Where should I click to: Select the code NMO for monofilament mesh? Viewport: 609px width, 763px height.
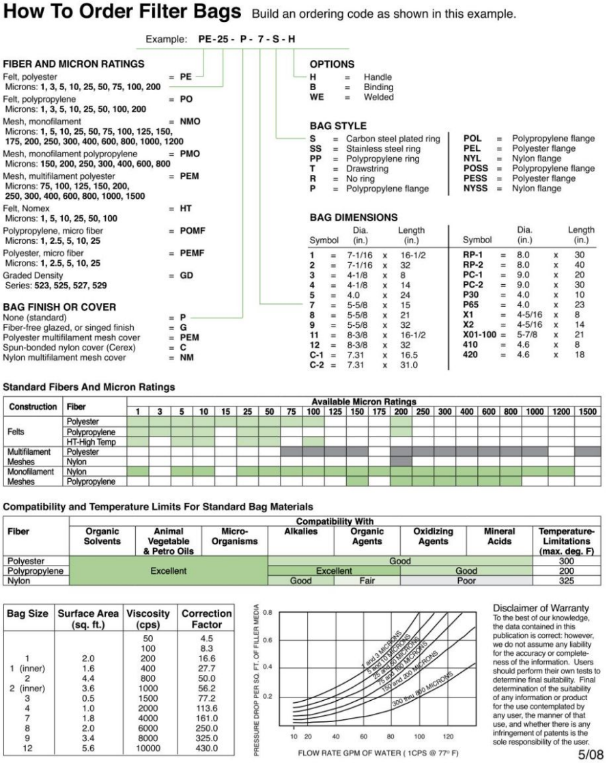coord(184,119)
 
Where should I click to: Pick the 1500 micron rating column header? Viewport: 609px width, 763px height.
coord(588,411)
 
